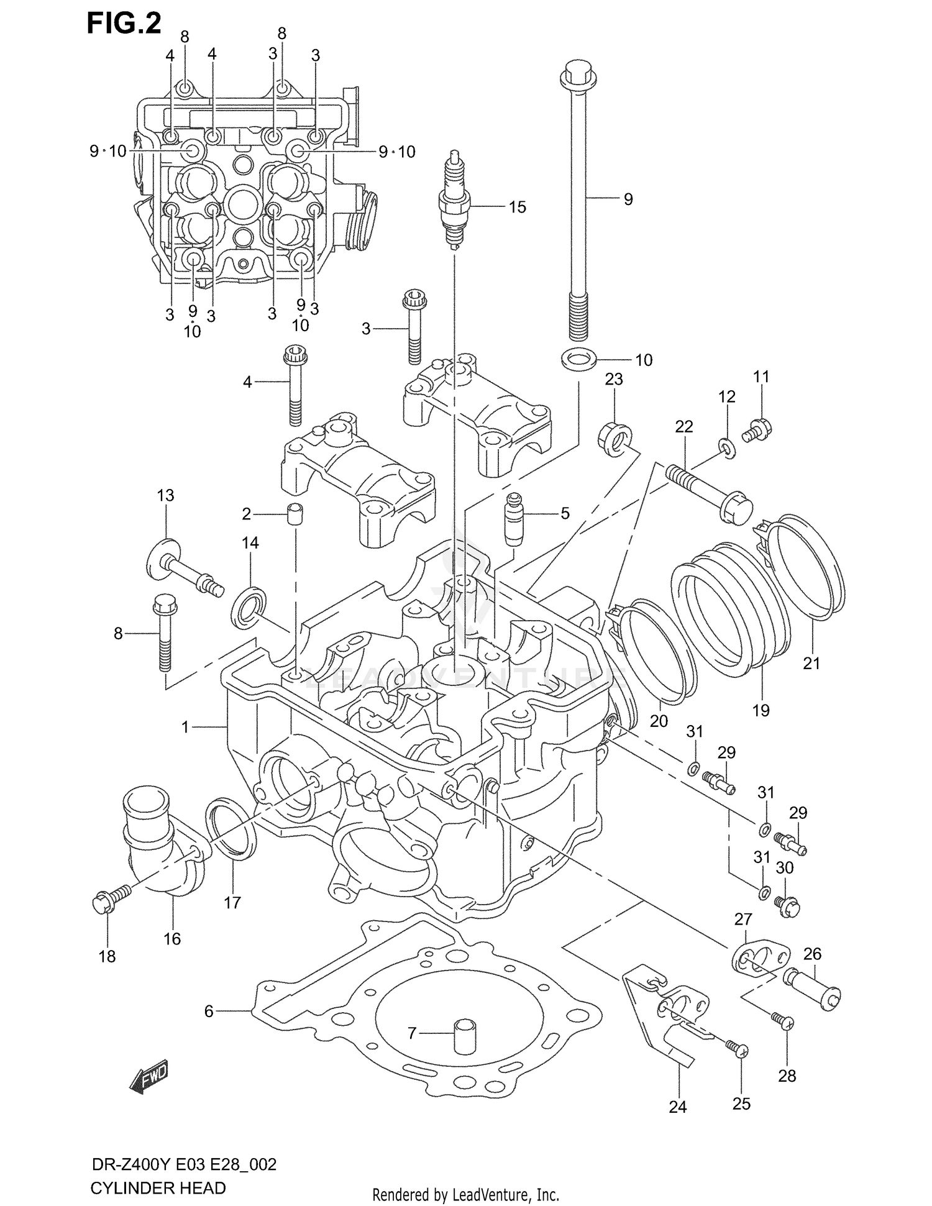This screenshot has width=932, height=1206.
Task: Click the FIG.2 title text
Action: click(124, 23)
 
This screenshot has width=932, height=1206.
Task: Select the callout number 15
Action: click(517, 207)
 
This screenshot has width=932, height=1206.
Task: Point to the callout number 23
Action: click(613, 379)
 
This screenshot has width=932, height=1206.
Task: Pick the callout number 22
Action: click(683, 426)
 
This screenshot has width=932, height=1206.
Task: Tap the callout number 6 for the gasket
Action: click(209, 1012)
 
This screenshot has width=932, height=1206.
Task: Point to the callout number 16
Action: click(172, 938)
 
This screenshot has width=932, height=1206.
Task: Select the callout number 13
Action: click(165, 495)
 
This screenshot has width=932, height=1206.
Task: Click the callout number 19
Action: click(761, 710)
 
